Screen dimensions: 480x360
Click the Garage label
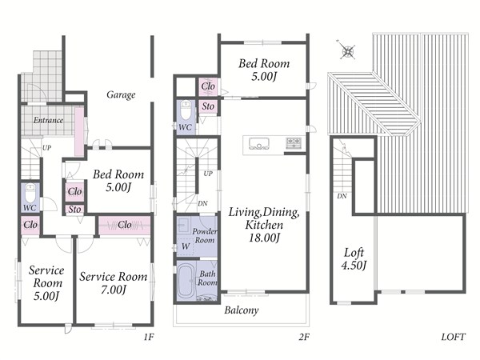click(121, 94)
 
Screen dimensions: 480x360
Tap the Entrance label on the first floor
click(48, 120)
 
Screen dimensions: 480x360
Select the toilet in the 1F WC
click(30, 193)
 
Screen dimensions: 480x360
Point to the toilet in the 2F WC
click(186, 110)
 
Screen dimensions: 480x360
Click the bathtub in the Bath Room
click(186, 281)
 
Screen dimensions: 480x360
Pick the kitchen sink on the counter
click(259, 143)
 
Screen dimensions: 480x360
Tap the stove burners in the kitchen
click(294, 143)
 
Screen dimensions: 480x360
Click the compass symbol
click(347, 50)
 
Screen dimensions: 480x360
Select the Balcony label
click(242, 310)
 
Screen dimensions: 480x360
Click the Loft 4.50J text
click(354, 259)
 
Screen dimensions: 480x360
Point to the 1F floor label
click(149, 338)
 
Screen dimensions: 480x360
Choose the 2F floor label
click(304, 338)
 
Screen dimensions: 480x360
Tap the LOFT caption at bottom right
click(453, 338)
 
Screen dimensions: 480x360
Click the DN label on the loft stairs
click(342, 196)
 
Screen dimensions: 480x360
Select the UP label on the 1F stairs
click(46, 148)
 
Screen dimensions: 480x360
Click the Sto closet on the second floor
click(208, 106)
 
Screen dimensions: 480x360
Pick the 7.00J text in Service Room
click(114, 290)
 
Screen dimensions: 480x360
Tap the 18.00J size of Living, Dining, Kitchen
click(264, 238)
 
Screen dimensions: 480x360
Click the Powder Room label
click(205, 236)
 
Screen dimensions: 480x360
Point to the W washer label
click(186, 246)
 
